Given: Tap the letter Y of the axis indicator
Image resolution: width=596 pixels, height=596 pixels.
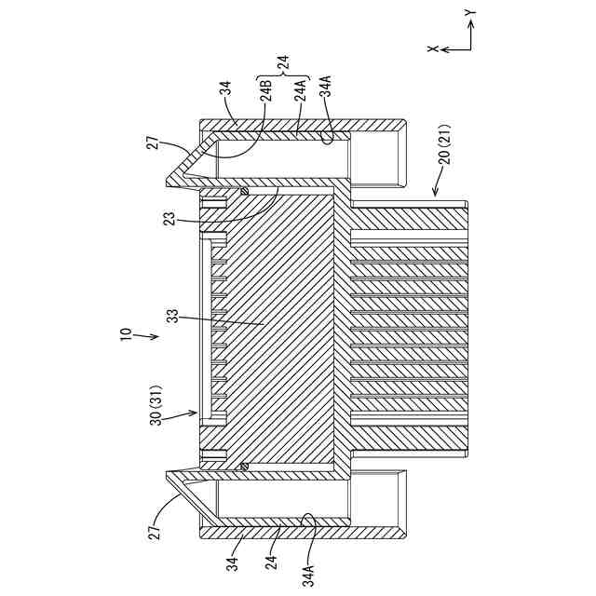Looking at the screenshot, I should pos(470,14).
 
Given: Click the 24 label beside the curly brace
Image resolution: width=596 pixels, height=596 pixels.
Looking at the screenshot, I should pos(283,62).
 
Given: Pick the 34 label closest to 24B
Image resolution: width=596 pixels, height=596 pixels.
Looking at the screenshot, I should pos(225,89).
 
